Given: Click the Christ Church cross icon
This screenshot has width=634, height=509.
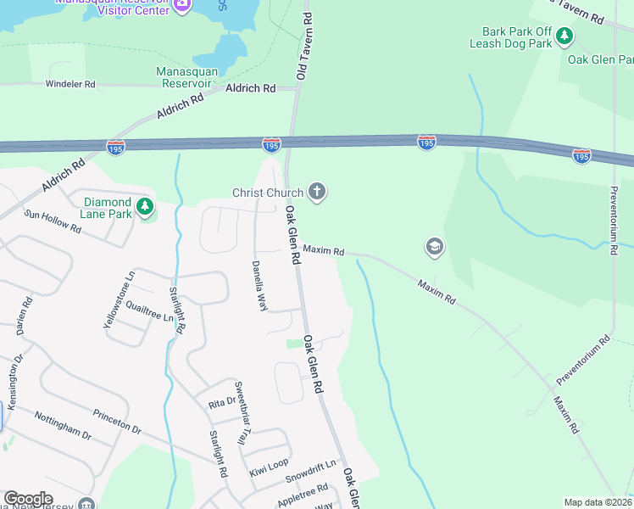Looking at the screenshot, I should click(317, 192).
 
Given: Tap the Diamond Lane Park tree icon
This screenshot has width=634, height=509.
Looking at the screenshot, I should click(145, 206).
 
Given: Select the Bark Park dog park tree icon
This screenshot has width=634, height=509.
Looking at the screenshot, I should click(565, 36).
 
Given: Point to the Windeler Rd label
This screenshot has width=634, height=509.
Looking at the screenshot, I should click(71, 85).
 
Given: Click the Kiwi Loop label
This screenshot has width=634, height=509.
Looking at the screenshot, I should click(268, 467).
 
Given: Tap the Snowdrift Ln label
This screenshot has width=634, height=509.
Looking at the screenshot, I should click(310, 472).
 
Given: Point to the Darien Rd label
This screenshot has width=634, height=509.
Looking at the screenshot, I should click(24, 316).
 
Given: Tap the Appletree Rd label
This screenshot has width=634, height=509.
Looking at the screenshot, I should click(302, 495).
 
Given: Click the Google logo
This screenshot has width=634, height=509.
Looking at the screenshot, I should click(28, 499).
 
